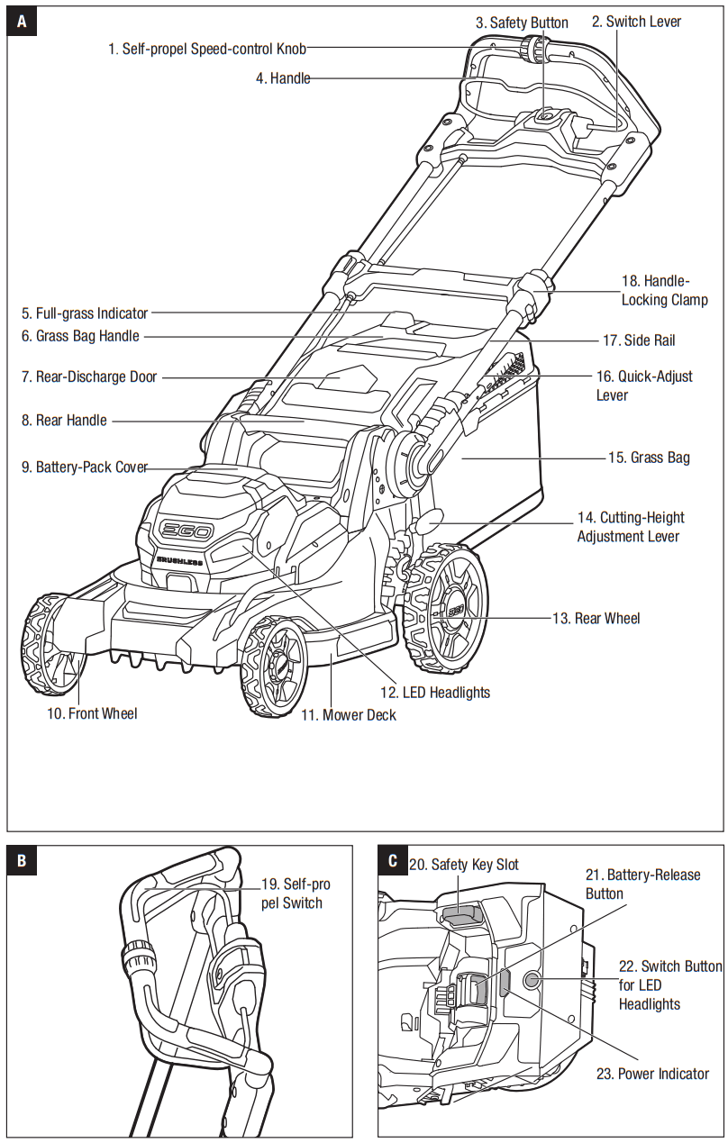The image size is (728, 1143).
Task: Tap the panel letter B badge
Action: tap(22, 860)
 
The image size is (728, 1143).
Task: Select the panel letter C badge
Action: tap(392, 860)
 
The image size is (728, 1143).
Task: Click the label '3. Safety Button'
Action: tap(522, 23)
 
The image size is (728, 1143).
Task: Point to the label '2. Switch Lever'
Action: tap(636, 22)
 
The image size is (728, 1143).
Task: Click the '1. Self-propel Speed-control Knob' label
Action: tap(207, 49)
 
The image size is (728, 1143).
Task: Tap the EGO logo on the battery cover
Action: tap(186, 531)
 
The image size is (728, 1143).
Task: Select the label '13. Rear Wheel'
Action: tap(596, 618)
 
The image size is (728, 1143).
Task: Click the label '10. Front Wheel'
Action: tap(92, 713)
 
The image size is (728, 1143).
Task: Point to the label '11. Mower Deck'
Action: tap(348, 715)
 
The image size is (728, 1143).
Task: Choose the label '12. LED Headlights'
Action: tap(434, 692)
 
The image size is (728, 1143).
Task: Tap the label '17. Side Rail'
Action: tap(638, 340)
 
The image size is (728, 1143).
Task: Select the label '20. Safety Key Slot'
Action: tap(464, 865)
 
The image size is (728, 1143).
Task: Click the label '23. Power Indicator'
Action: tap(652, 1074)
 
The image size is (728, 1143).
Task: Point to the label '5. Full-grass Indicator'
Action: tap(85, 313)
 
